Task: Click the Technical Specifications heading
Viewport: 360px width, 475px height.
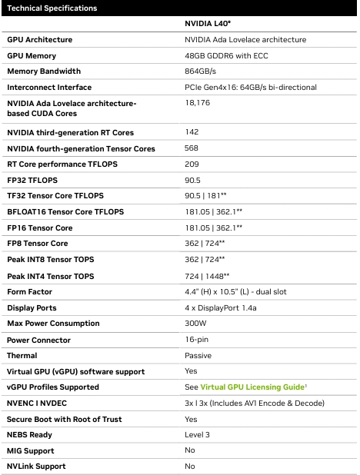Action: (x=52, y=8)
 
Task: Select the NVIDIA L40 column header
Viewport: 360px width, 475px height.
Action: (x=208, y=24)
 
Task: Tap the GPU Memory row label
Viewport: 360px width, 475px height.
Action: (x=32, y=56)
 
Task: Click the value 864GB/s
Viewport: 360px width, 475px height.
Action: (x=200, y=71)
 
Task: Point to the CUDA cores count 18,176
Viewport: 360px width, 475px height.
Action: (x=198, y=103)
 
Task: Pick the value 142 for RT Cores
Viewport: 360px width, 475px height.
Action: (x=192, y=131)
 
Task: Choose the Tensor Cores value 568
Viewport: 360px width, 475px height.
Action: (x=192, y=148)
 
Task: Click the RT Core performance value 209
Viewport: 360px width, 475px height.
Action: (x=192, y=164)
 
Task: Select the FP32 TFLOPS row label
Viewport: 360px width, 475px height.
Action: (x=32, y=181)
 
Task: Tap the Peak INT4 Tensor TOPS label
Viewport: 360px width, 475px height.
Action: (x=50, y=276)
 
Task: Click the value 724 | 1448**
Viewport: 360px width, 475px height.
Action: (x=207, y=276)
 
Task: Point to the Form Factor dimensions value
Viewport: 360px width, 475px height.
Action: (x=235, y=292)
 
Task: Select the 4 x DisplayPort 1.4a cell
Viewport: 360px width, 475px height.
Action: (x=221, y=307)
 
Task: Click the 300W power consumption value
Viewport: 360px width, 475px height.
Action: (x=195, y=324)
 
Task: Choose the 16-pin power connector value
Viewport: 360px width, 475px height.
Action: (x=197, y=340)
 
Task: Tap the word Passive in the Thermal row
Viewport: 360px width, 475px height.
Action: (x=198, y=355)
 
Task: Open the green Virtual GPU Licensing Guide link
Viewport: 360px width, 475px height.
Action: (x=252, y=387)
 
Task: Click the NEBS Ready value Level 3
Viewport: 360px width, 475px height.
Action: (x=197, y=435)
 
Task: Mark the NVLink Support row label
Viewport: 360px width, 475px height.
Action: (x=36, y=467)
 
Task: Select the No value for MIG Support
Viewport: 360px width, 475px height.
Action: (x=190, y=450)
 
